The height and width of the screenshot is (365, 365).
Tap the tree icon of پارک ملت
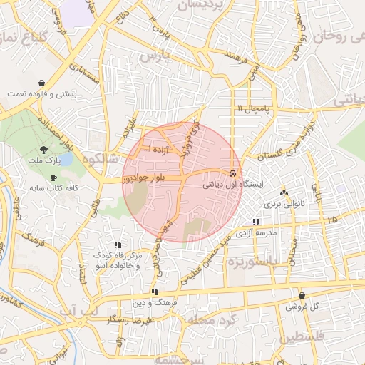(x=45, y=150)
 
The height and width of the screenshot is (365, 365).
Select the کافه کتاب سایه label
(x=53, y=189)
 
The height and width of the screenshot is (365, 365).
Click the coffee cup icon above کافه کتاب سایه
(x=53, y=177)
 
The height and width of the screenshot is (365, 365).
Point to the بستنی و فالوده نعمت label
(x=41, y=94)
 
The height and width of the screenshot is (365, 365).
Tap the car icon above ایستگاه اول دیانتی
(x=232, y=173)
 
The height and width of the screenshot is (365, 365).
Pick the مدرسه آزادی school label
(x=255, y=233)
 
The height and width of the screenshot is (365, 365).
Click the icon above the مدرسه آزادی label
(x=255, y=222)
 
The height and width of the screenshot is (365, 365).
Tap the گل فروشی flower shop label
(x=302, y=307)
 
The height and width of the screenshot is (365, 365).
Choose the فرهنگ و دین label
(x=154, y=303)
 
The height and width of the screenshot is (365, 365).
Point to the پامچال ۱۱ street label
(x=254, y=108)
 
